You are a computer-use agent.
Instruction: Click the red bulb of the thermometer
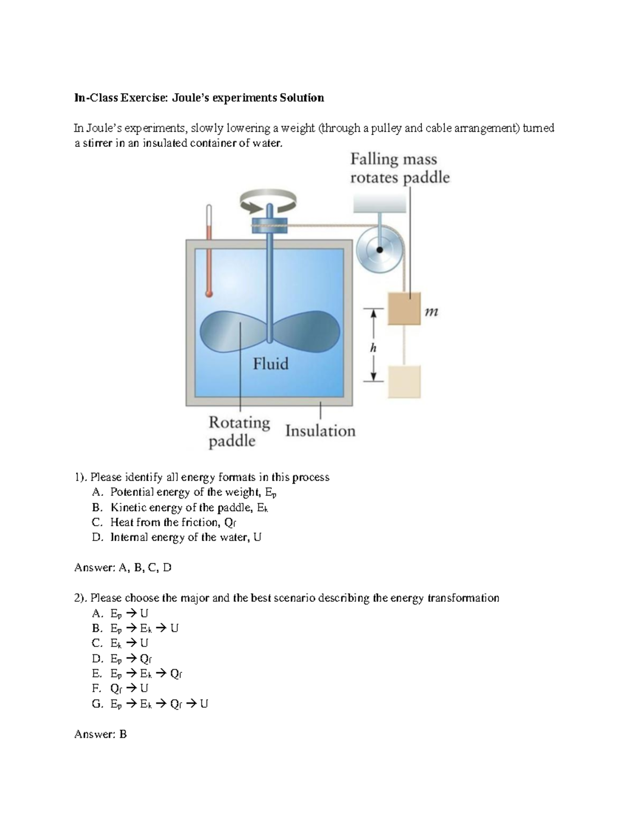[x=209, y=294]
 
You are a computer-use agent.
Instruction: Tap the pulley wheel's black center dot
[x=380, y=250]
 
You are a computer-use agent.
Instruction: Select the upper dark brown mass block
[x=404, y=309]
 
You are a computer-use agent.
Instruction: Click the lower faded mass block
[x=404, y=382]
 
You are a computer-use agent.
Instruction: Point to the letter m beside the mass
[x=431, y=312]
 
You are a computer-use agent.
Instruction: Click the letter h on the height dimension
[x=373, y=348]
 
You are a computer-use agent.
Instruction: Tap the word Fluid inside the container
[x=270, y=364]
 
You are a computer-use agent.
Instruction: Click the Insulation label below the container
[x=320, y=431]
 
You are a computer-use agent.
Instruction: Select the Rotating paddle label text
[x=239, y=431]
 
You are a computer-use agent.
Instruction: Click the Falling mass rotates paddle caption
[x=399, y=168]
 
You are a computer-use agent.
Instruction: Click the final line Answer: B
[x=101, y=734]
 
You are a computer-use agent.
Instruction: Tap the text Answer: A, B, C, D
[x=123, y=567]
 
